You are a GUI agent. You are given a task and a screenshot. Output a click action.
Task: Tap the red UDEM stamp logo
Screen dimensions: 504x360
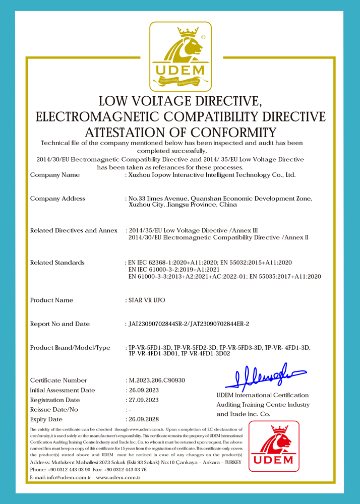click(x=274, y=446)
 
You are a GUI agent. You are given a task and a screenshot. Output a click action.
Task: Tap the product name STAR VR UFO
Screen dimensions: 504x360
click(x=147, y=300)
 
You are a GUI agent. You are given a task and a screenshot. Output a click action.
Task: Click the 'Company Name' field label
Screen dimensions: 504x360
click(x=55, y=175)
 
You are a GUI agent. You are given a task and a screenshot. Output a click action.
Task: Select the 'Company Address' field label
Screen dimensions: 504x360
click(x=57, y=199)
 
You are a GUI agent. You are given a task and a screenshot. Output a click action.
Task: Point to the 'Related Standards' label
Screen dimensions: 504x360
click(x=57, y=263)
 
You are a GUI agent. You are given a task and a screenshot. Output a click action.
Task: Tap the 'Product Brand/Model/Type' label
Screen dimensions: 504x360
click(x=70, y=348)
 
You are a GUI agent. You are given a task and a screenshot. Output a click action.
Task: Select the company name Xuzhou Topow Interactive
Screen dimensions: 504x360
click(x=212, y=175)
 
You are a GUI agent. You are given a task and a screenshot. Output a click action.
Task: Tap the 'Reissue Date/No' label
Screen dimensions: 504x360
click(x=54, y=410)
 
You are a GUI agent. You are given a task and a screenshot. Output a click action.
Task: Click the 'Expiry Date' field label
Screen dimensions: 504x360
click(x=46, y=419)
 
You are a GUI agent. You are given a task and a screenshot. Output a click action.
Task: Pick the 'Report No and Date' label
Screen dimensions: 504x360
click(x=60, y=324)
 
